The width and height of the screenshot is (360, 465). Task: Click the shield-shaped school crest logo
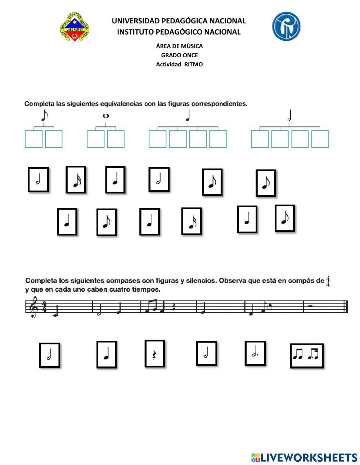click(x=75, y=27)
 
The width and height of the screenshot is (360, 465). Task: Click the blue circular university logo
click(x=286, y=26)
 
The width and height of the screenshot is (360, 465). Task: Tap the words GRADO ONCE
click(x=179, y=55)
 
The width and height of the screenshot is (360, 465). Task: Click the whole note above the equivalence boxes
click(x=105, y=116)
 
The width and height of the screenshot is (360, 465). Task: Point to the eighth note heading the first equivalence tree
click(x=44, y=116)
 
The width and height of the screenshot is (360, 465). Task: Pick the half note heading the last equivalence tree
click(x=290, y=116)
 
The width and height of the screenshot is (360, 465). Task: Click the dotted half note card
click(x=255, y=353)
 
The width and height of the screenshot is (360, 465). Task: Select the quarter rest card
click(x=155, y=353)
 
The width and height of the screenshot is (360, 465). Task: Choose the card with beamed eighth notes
click(x=306, y=356)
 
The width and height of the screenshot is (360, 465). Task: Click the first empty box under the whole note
click(x=95, y=139)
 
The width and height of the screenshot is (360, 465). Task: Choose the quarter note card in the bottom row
click(x=107, y=354)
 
